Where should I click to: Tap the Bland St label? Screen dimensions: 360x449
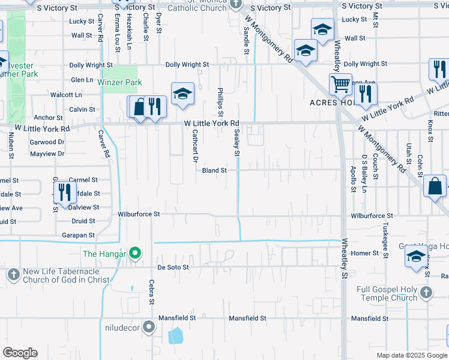coord(214,170)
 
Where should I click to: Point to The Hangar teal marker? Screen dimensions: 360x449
coord(135,254)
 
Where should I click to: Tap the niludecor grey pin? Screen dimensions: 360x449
coord(149,328)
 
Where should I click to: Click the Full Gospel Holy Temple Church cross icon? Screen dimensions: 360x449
coord(426,293)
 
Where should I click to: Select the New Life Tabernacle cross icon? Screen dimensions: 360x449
coord(13,275)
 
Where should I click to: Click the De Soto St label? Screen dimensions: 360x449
coord(173,266)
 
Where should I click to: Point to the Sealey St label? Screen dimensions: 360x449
coord(237,143)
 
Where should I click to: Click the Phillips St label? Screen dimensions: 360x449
coord(220,102)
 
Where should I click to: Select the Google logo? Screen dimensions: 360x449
coord(20,353)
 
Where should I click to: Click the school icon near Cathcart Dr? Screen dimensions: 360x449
coord(182,93)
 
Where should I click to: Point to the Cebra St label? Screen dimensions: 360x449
coord(152,292)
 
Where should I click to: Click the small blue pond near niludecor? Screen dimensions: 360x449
coord(175,335)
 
